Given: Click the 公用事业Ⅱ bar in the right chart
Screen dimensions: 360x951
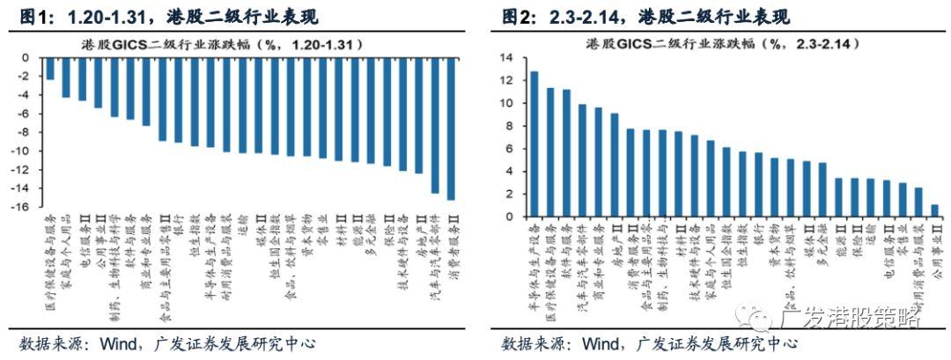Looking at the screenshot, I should (934, 210).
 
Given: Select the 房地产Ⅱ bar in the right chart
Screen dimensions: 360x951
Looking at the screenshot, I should (614, 165).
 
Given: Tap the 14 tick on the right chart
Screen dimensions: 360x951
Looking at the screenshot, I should (505, 58).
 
